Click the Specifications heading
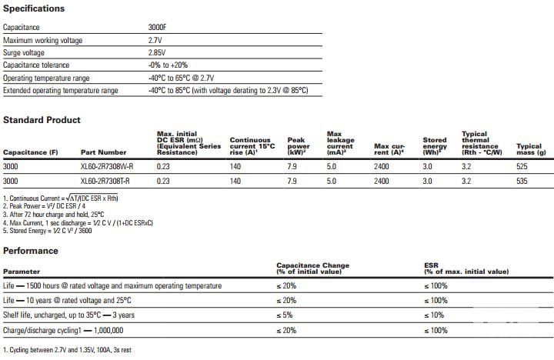click(34, 8)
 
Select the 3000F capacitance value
click(159, 27)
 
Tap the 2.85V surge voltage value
click(159, 52)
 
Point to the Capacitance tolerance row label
click(36, 65)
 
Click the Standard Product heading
click(42, 120)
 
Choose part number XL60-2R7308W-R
click(107, 166)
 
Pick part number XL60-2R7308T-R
click(106, 181)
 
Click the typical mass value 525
click(522, 166)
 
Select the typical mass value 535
click(522, 181)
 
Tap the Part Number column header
click(103, 152)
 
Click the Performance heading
click(30, 251)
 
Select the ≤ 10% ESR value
click(435, 315)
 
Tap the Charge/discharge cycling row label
click(64, 330)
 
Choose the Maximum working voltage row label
click(42, 40)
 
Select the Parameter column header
click(22, 272)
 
